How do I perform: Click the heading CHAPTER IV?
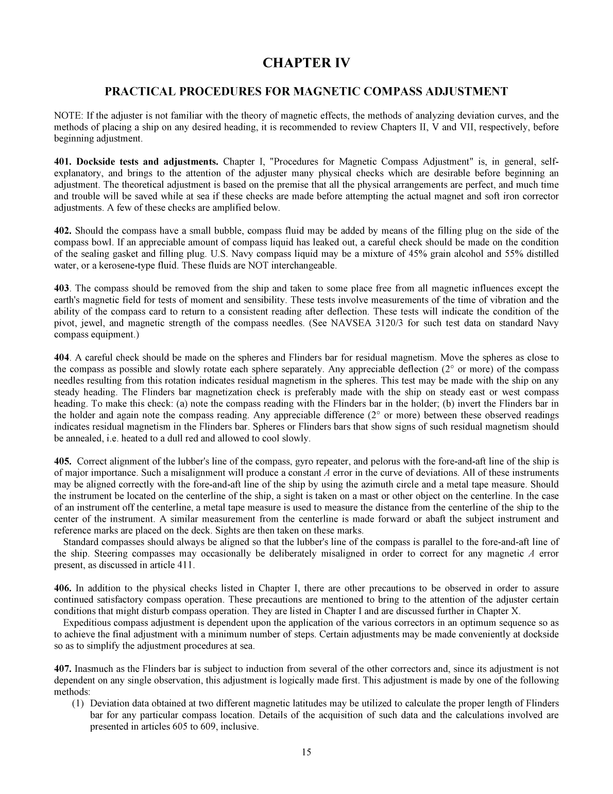pyautogui.click(x=306, y=63)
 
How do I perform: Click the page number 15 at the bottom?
pyautogui.click(x=306, y=752)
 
